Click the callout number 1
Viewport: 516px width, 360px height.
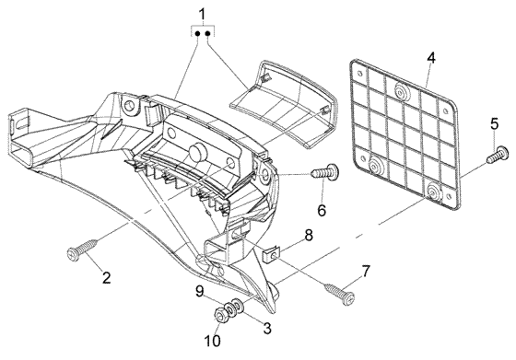(202, 15)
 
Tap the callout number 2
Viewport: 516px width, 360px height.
(106, 277)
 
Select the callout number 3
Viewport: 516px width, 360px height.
(267, 328)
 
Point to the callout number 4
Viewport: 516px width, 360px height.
(431, 58)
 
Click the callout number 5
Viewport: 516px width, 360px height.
(494, 124)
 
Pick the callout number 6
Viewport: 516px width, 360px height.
(322, 210)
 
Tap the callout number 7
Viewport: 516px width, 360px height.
(366, 271)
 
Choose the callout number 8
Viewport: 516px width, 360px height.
(309, 236)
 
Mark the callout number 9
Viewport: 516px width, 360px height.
(200, 292)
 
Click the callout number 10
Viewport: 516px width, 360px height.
(214, 341)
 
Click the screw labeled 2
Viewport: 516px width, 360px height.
(82, 250)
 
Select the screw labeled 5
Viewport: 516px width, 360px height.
(498, 155)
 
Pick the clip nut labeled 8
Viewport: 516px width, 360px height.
(272, 254)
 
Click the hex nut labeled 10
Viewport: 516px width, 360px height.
(219, 315)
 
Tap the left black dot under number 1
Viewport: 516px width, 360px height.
(198, 33)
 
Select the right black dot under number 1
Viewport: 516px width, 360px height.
(208, 33)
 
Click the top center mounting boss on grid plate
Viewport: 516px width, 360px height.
(400, 91)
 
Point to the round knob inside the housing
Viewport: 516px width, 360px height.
(197, 153)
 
